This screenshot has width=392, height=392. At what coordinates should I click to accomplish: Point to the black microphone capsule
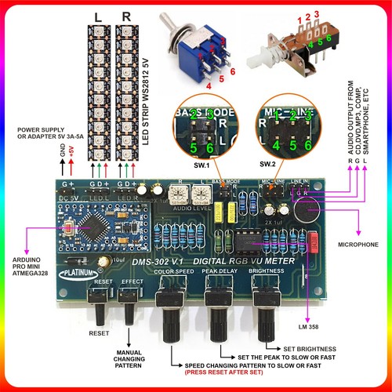[x=307, y=209]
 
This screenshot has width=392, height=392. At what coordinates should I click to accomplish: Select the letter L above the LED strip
[x=96, y=16]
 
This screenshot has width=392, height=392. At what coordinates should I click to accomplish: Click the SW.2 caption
[x=267, y=164]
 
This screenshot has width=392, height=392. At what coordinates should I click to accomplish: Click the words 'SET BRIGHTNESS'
[x=310, y=349]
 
